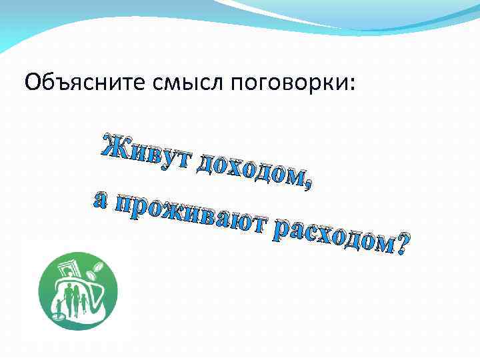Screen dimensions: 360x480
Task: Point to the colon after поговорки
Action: (353, 85)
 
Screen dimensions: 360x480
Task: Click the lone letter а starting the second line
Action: (100, 200)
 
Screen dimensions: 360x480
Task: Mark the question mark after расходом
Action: (403, 247)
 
